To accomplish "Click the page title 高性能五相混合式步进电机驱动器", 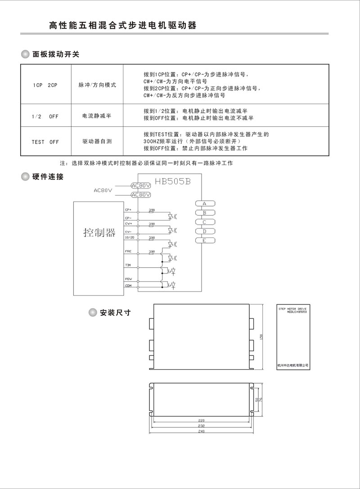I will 123,26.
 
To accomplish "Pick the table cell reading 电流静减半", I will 97,116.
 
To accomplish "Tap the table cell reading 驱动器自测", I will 97,141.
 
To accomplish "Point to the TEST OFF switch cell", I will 45,142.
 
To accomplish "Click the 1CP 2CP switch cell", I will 45,85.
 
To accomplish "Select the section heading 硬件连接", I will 48,176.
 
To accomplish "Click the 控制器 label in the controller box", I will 99,233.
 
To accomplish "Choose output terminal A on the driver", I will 204,203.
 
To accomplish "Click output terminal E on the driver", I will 204,241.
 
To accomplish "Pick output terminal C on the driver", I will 204,222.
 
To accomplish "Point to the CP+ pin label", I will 128,209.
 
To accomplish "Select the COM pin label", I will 128,286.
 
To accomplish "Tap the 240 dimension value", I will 202,431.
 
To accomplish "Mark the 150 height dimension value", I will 261,336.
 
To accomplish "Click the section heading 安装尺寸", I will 115,312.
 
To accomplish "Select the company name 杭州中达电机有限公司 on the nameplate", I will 293,365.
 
